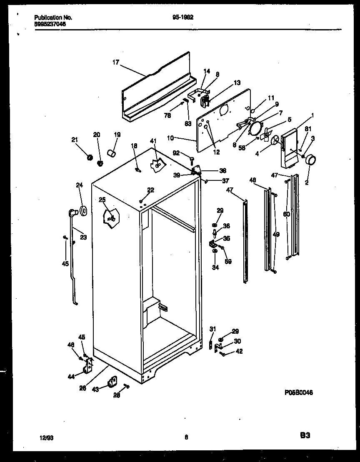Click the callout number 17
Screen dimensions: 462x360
(115, 62)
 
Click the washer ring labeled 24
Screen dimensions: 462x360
(82, 211)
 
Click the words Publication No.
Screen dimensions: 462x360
(53, 17)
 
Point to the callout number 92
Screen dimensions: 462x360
(176, 153)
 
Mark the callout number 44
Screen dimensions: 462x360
(71, 377)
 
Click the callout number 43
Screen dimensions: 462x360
(95, 389)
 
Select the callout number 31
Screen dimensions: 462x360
(213, 329)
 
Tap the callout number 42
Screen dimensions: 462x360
(239, 351)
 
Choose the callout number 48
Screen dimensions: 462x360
(253, 180)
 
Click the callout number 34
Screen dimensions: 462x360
(215, 267)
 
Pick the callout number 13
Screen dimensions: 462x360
(237, 83)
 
